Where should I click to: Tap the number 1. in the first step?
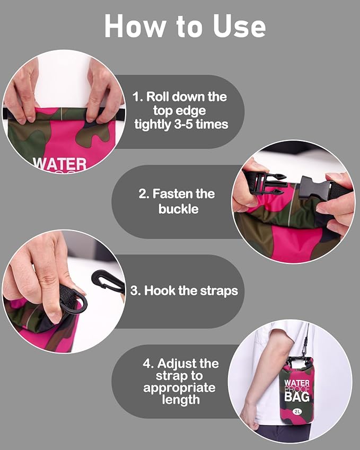(138, 96)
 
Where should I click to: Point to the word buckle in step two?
(178, 209)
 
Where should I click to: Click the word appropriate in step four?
(179, 388)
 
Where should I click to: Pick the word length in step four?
(181, 400)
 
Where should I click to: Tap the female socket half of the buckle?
(316, 188)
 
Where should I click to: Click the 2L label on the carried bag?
(297, 411)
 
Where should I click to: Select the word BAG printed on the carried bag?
(297, 396)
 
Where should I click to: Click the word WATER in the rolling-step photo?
(60, 164)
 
